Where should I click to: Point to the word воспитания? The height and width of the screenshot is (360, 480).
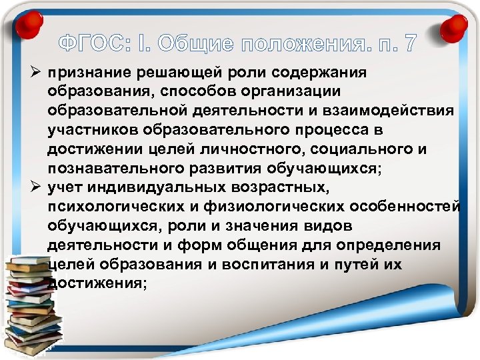277,264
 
